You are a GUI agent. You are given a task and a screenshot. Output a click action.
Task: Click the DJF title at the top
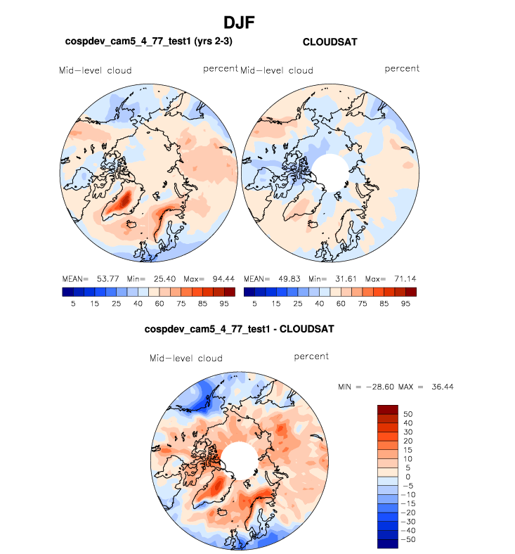pyautogui.click(x=239, y=22)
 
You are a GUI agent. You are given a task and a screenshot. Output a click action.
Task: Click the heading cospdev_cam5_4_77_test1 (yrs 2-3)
pyautogui.click(x=148, y=42)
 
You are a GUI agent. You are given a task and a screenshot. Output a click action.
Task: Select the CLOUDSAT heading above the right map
pyautogui.click(x=330, y=42)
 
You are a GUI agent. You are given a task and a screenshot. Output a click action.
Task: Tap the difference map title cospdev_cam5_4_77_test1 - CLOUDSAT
pyautogui.click(x=239, y=328)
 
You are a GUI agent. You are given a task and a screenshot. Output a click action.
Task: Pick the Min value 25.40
pyautogui.click(x=163, y=278)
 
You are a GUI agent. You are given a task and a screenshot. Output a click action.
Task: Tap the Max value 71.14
pyautogui.click(x=402, y=278)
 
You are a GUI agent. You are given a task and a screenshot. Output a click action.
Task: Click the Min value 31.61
pyautogui.click(x=344, y=278)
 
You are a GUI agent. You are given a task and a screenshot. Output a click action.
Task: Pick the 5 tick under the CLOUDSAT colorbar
pyautogui.click(x=254, y=303)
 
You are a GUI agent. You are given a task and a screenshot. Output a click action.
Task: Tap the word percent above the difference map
pyautogui.click(x=311, y=356)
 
